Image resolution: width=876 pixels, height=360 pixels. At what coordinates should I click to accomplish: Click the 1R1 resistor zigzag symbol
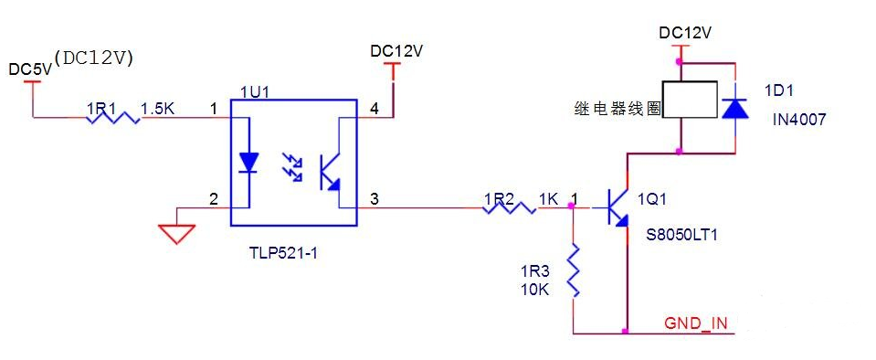112,117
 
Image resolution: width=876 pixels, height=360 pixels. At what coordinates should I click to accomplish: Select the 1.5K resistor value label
157,109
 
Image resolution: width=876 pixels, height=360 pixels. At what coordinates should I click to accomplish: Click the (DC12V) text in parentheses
94,57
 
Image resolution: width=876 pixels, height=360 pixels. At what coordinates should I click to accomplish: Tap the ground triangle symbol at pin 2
177,233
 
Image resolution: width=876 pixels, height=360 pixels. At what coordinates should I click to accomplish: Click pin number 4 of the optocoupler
374,109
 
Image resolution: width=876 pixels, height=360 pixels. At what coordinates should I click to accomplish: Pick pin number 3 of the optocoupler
375,198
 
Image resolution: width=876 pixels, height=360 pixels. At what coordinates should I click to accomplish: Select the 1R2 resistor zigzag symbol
509,208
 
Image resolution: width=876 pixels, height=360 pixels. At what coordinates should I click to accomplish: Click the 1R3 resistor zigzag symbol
574,270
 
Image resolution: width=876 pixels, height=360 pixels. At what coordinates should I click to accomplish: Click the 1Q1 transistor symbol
618,207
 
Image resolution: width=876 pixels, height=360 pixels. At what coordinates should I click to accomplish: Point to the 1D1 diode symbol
734,107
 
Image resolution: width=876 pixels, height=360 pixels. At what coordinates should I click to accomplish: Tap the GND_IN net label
696,323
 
